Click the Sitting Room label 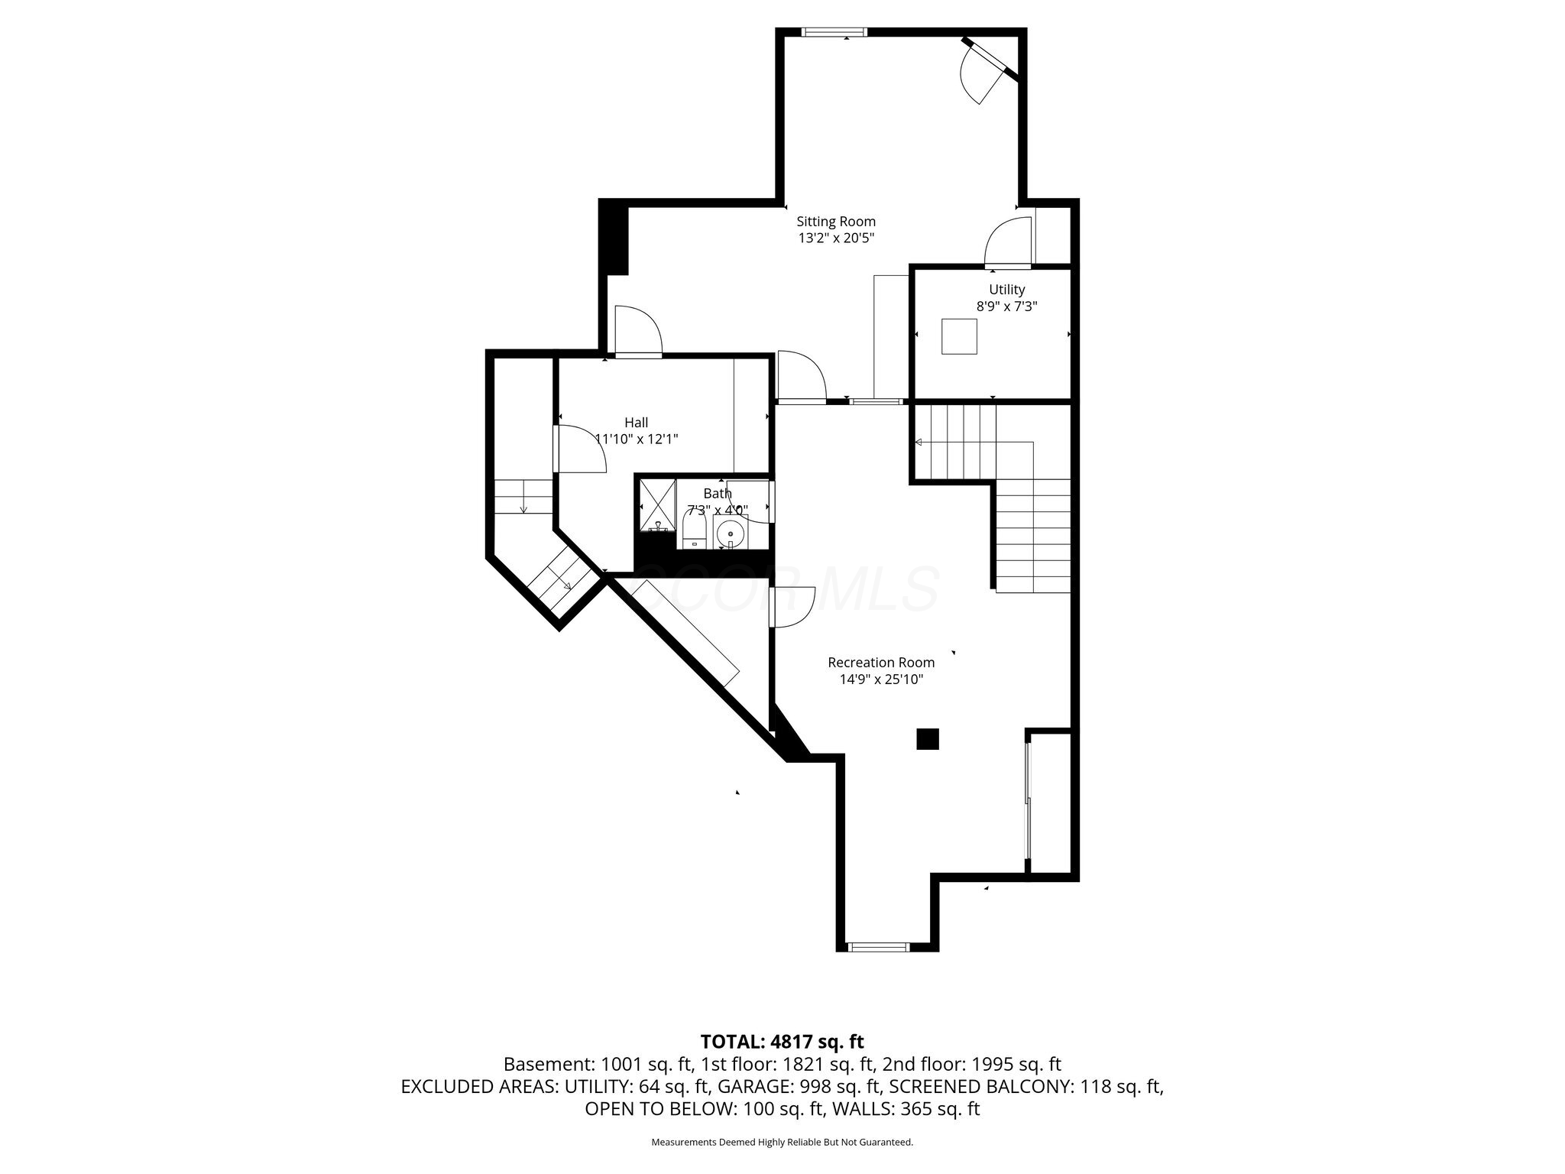(x=836, y=222)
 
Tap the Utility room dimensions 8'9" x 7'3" (x=1006, y=306)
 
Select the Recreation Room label (x=881, y=663)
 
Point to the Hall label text (x=636, y=423)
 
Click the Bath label (x=717, y=494)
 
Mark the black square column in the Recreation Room (x=928, y=739)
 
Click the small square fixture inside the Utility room (x=959, y=336)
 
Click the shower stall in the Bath (x=657, y=504)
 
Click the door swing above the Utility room (x=1008, y=243)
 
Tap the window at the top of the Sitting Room (x=834, y=32)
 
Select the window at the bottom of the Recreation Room (x=878, y=947)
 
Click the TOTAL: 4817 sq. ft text (x=782, y=1041)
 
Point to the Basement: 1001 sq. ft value (x=598, y=1064)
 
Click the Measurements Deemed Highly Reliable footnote (x=782, y=1143)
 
